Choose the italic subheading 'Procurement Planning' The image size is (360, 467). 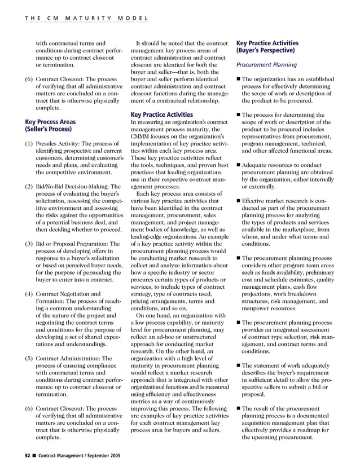(x=267, y=64)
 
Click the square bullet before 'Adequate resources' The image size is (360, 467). (x=239, y=165)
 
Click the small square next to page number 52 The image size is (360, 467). (x=34, y=454)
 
